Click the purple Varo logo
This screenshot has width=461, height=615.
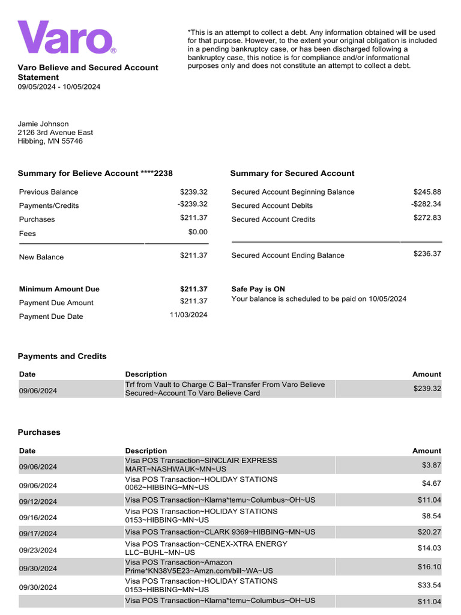(x=66, y=37)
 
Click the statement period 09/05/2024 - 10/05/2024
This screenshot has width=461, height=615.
(x=59, y=86)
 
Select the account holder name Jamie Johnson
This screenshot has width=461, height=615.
(x=43, y=124)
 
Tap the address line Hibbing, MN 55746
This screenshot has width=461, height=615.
(x=50, y=141)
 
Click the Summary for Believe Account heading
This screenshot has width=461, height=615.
(x=95, y=173)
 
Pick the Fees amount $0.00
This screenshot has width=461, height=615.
(x=197, y=232)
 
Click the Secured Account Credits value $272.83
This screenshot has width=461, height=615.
(x=427, y=218)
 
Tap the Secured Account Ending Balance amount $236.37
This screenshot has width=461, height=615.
(x=427, y=253)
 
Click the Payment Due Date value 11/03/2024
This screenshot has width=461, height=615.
(x=188, y=315)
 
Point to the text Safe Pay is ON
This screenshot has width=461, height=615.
(x=258, y=289)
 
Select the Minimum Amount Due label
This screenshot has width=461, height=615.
(x=59, y=289)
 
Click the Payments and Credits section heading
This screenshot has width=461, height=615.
(x=62, y=356)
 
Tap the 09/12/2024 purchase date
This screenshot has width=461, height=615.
(x=38, y=501)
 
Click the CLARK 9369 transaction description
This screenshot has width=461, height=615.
(x=220, y=532)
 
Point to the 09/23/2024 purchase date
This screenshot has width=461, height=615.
(x=38, y=550)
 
